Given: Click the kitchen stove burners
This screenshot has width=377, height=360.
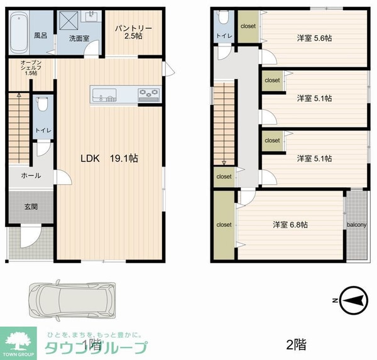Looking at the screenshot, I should (149, 95).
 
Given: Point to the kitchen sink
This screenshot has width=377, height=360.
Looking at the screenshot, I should (105, 95).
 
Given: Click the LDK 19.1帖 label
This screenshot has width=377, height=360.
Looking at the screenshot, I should (107, 158).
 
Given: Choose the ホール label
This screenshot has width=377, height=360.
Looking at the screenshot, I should (31, 176).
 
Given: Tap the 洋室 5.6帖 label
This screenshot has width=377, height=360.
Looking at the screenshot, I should (314, 38).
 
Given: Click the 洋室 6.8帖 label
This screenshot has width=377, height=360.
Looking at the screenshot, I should (290, 224).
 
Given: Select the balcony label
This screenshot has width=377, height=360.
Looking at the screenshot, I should (356, 224).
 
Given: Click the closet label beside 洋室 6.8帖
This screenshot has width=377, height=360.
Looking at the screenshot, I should (224, 224).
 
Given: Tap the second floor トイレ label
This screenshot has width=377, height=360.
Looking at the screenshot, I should (224, 36).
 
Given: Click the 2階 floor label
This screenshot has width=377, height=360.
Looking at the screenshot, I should (296, 344).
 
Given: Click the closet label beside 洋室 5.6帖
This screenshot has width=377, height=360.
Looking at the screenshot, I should (248, 26).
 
